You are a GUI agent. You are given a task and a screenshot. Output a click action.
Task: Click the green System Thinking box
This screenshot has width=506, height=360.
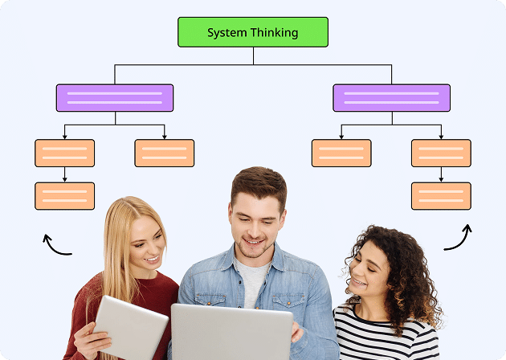coord(253,32)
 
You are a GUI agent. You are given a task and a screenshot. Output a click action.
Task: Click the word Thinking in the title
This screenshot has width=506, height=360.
coord(275,33)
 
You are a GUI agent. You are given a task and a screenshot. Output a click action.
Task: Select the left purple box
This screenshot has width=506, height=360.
coord(115,98)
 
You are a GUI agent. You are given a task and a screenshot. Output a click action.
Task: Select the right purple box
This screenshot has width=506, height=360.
coord(391,98)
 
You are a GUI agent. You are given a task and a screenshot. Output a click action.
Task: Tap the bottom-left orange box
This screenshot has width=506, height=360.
coord(65,196)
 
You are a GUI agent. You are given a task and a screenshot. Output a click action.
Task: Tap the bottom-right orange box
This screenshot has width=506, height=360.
coord(441,196)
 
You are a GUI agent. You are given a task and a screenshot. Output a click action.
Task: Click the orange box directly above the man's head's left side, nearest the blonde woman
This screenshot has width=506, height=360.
coord(165,153)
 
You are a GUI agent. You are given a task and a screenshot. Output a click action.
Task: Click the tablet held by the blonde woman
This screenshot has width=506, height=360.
coord(131,327)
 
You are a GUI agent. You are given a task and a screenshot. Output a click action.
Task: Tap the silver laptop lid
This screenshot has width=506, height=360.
coord(231,333)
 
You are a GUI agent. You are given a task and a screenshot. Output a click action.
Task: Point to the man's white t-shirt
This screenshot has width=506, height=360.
coord(252,281)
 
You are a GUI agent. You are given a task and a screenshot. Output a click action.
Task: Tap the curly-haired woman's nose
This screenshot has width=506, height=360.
coord(355,272)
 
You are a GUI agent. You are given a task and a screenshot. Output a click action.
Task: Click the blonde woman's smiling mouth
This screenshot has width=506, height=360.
coord(152,259)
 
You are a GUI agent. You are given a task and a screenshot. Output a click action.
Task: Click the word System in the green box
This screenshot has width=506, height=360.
coord(228,33)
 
